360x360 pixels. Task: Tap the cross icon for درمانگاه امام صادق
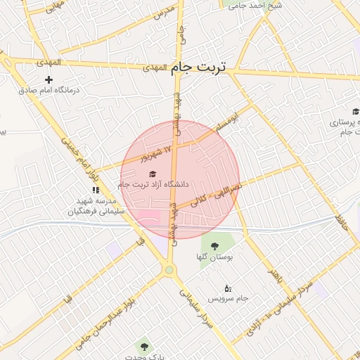click(49, 80)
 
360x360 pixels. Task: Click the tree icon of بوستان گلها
click(214, 246)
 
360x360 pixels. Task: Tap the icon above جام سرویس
click(227, 288)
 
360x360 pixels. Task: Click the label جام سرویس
click(233, 299)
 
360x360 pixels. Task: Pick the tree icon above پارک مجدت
click(144, 347)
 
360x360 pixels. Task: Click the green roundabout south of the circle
click(168, 270)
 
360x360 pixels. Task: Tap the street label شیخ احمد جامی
click(259, 6)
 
